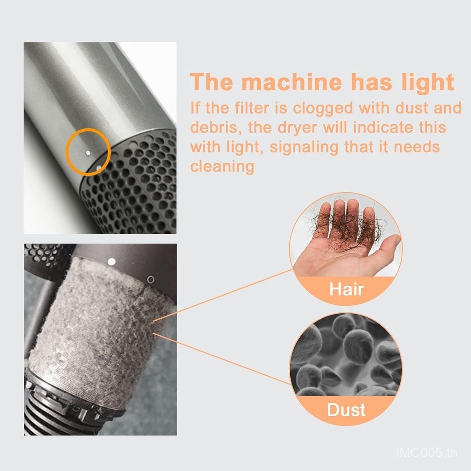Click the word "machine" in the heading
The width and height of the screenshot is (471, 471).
(291, 82)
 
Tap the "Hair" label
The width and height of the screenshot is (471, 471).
(346, 289)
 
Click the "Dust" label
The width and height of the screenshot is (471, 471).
(346, 410)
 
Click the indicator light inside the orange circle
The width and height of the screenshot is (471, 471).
(88, 153)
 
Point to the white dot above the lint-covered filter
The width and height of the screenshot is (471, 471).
(111, 262)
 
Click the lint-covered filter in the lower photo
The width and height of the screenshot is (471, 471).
(99, 333)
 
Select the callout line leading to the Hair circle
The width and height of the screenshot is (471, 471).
(223, 296)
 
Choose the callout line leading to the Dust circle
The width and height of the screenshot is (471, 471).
(222, 358)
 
